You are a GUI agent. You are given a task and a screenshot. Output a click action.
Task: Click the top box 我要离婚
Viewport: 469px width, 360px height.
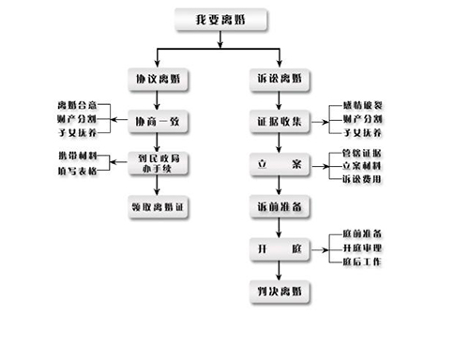pos(222,20)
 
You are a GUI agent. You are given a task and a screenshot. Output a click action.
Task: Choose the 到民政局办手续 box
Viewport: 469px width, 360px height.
pos(159,162)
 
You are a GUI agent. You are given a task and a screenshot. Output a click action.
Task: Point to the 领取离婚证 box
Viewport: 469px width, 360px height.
pos(159,205)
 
